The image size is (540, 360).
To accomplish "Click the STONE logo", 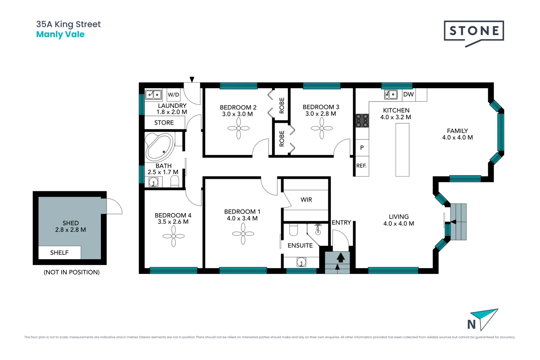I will point(474,31).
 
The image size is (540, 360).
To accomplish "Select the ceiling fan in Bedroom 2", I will point(239,128).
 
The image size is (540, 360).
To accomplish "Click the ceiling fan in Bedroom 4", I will point(174,236).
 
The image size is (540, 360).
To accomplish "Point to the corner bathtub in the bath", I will point(159,147).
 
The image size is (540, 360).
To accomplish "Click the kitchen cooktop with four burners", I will point(362,121).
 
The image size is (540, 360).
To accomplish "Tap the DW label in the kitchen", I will point(408,94).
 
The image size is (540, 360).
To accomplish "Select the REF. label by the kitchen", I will point(361,166).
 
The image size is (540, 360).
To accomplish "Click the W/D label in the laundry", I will point(173,95).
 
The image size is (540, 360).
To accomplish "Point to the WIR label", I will point(306,200).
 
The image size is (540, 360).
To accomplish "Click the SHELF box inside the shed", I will point(59,253).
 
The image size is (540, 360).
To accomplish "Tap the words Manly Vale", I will point(60,34).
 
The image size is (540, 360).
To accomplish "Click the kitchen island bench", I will point(402,150).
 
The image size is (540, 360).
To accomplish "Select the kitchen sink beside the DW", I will point(391,95).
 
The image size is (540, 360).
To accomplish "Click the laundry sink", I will point(154,95).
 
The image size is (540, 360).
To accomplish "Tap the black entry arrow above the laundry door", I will point(192,79).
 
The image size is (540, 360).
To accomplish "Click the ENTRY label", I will point(341,222).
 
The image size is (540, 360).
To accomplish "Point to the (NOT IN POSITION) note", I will point(72,272).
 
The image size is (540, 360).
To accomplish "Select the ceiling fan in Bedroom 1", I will point(243,234).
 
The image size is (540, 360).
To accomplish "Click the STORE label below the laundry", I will point(164,123).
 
